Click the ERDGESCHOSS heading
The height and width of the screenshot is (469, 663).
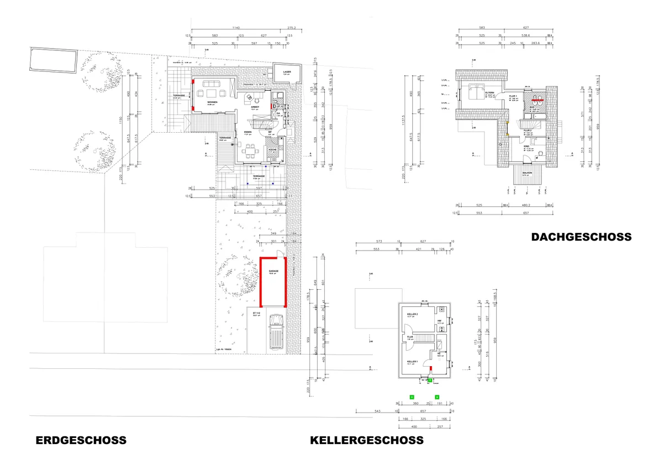81,441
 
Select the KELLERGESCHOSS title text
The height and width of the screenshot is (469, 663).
367,440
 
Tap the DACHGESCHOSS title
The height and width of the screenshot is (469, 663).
581,237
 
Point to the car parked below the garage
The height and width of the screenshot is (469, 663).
275,334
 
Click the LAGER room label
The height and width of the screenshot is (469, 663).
287,72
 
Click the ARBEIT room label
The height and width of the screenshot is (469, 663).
255,107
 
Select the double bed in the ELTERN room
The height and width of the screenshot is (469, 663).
472,91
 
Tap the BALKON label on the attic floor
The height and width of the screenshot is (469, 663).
526,173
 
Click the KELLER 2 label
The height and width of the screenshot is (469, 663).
412,314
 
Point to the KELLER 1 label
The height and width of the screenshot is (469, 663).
412,362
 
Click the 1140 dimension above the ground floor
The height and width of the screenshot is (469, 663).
236,28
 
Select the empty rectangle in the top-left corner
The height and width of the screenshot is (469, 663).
54,60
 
